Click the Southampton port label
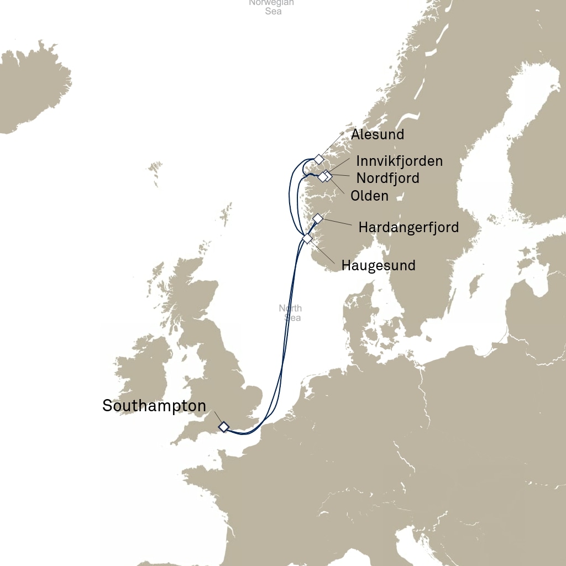[x=154, y=406]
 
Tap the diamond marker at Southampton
[x=223, y=427]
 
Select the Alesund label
[x=378, y=134]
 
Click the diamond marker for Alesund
[x=318, y=159]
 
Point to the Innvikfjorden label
[x=399, y=161]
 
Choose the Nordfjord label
[x=387, y=178]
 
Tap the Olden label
[x=369, y=196]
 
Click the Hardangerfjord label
[x=408, y=227]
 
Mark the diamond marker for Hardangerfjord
[x=318, y=218]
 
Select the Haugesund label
[x=378, y=265]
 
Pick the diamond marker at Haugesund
[x=307, y=238]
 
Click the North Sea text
[x=290, y=313]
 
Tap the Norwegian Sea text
[x=271, y=6]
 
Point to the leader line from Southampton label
[x=217, y=417]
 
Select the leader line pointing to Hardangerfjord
[x=337, y=223]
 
